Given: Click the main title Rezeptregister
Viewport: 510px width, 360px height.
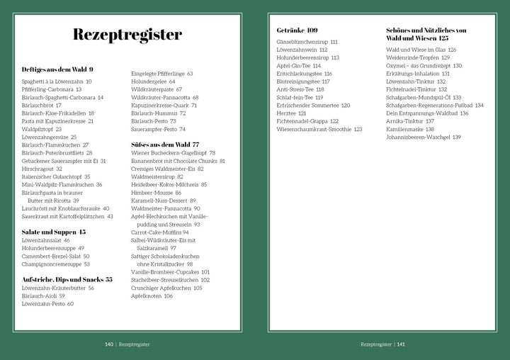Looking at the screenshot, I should tap(127, 35).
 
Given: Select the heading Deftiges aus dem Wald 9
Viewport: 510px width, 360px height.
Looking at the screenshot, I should tap(58, 69).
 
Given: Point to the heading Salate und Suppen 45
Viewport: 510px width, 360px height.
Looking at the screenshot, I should tap(54, 231).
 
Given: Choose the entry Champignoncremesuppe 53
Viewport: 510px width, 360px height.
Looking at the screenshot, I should tap(56, 264).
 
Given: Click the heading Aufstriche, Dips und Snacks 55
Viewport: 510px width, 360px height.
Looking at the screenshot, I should tap(67, 279).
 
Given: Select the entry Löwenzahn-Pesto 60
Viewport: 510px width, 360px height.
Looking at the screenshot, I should tap(48, 303).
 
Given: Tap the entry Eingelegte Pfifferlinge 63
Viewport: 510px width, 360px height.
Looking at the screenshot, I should tap(162, 73).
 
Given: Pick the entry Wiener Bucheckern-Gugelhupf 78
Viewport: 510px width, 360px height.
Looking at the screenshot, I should tap(174, 153).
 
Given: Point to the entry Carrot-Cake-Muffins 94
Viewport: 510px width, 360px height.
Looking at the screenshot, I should tap(160, 232).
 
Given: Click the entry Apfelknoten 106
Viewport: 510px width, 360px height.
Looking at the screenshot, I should tap(152, 296).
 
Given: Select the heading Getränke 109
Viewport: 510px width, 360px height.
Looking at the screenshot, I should tap(297, 30).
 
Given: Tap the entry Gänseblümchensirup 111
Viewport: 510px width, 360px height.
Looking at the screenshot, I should tap(307, 42).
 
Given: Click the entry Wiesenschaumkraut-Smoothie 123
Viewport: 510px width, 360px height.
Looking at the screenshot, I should tap(319, 129).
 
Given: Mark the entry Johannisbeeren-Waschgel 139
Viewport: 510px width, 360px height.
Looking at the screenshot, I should tap(424, 137).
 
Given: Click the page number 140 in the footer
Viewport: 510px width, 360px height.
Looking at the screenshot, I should tap(109, 344).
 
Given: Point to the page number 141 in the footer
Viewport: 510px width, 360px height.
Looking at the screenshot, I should tap(400, 344).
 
